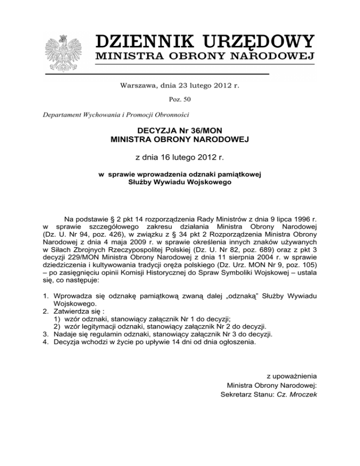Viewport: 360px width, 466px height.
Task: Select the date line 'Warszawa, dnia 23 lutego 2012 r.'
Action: (180, 85)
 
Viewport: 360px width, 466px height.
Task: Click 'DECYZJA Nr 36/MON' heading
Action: (180, 129)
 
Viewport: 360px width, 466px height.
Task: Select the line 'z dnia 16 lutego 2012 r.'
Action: (180, 158)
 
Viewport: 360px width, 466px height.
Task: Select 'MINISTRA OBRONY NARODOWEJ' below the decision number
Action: (180, 139)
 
